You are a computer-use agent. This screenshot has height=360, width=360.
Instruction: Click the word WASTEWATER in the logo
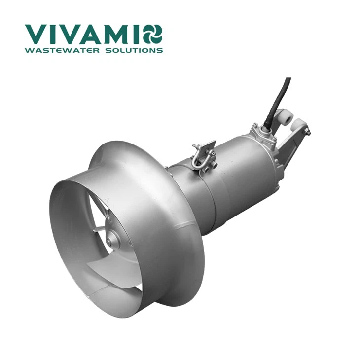62,50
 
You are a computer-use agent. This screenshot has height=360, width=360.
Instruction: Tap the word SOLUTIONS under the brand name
134,50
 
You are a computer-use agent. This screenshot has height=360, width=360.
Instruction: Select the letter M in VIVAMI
117,35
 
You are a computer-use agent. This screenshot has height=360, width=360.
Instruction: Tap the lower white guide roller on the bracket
298,126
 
